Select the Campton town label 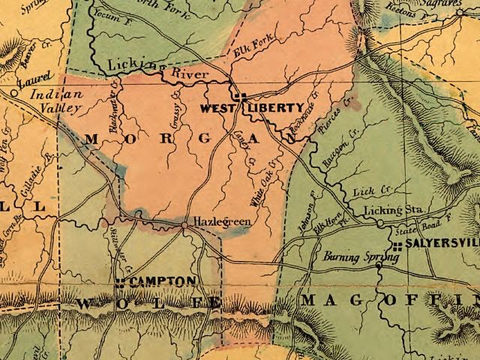[163, 280]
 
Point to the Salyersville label [442, 245]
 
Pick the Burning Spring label [349, 257]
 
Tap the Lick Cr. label [377, 192]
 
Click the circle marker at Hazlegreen [184, 223]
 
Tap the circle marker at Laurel [14, 92]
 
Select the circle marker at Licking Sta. [381, 222]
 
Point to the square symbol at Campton [120, 282]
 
